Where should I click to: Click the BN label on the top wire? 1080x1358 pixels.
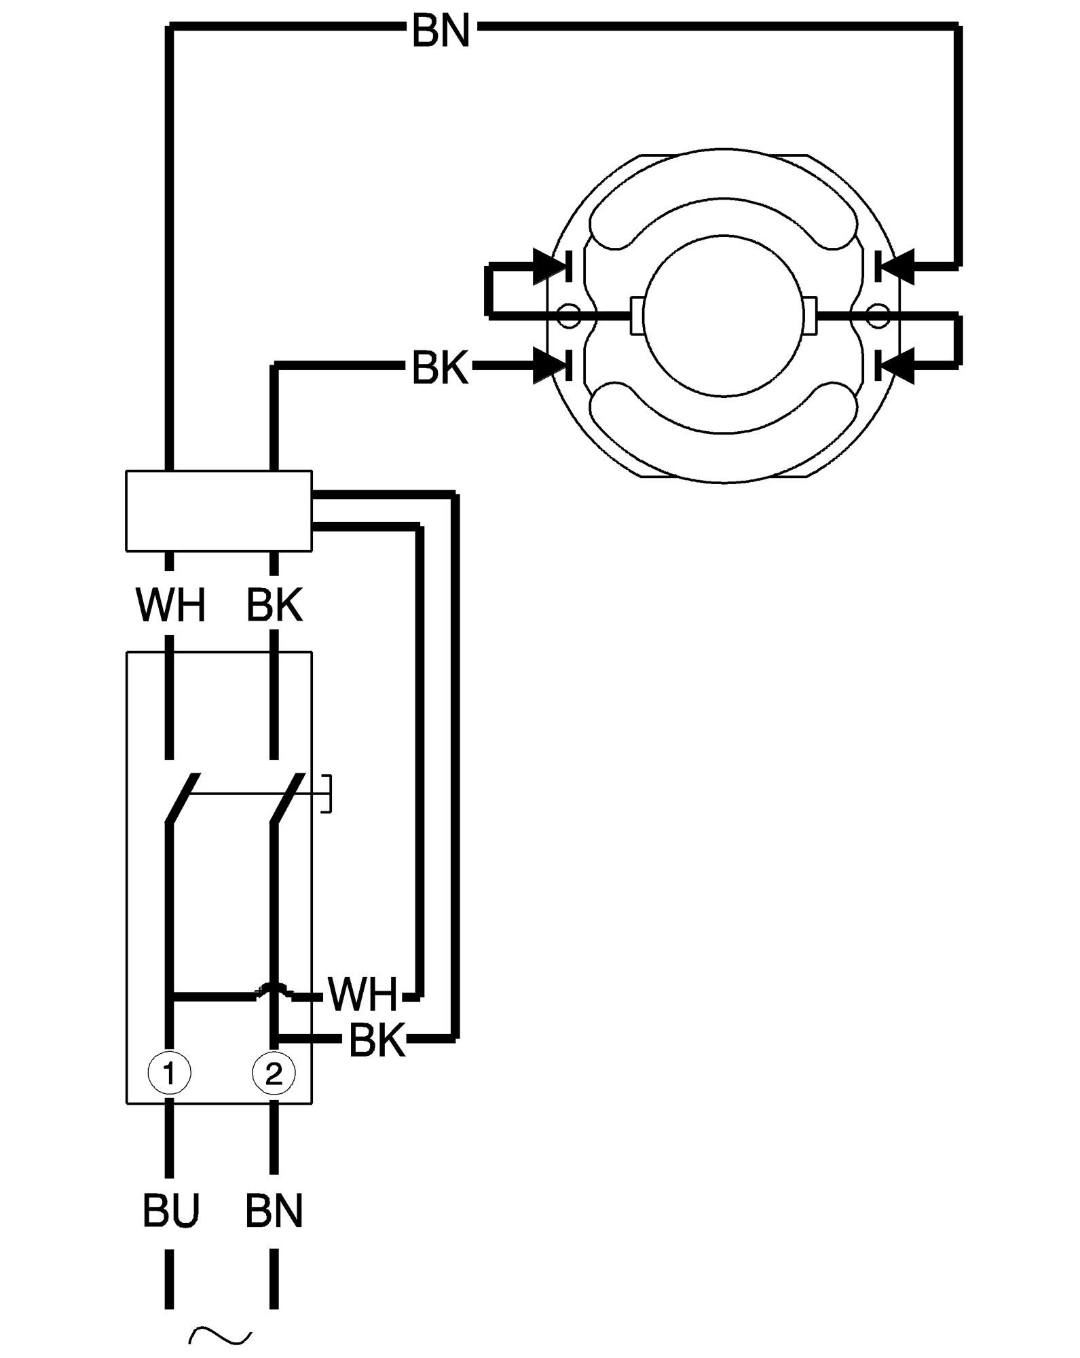point(441,31)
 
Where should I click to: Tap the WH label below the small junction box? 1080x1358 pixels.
point(170,606)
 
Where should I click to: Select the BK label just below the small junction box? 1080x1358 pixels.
point(274,606)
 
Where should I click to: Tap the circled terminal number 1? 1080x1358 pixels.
point(170,1073)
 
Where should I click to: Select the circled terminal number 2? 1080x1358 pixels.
point(274,1073)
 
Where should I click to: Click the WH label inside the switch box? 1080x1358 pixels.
point(362,994)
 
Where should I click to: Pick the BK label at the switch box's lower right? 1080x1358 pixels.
point(377,1040)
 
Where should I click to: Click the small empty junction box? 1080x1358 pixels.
point(219,511)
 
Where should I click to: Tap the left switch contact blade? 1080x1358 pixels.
point(182,799)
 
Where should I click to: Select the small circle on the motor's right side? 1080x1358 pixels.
point(878,316)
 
